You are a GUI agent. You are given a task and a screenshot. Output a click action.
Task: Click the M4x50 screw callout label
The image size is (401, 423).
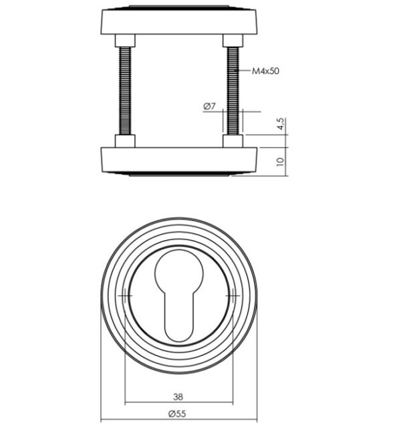click(265, 71)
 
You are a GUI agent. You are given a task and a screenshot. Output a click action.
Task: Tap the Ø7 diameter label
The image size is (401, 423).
click(210, 106)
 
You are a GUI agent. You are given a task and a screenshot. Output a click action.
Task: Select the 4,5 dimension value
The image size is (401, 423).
click(281, 124)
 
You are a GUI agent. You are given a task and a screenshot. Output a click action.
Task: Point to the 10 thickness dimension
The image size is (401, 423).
click(281, 162)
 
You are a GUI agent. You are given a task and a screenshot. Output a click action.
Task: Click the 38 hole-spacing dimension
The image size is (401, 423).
click(178, 396)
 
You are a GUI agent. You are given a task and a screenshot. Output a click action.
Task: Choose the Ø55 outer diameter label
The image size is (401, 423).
click(177, 414)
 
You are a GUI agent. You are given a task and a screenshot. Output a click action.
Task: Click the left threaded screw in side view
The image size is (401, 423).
click(125, 91)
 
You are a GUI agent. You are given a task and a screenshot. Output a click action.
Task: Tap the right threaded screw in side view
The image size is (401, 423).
click(233, 91)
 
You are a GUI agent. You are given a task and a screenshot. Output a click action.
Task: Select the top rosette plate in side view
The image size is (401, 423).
click(179, 20)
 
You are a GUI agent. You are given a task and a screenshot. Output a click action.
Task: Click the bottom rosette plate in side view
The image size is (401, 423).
click(179, 161)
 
